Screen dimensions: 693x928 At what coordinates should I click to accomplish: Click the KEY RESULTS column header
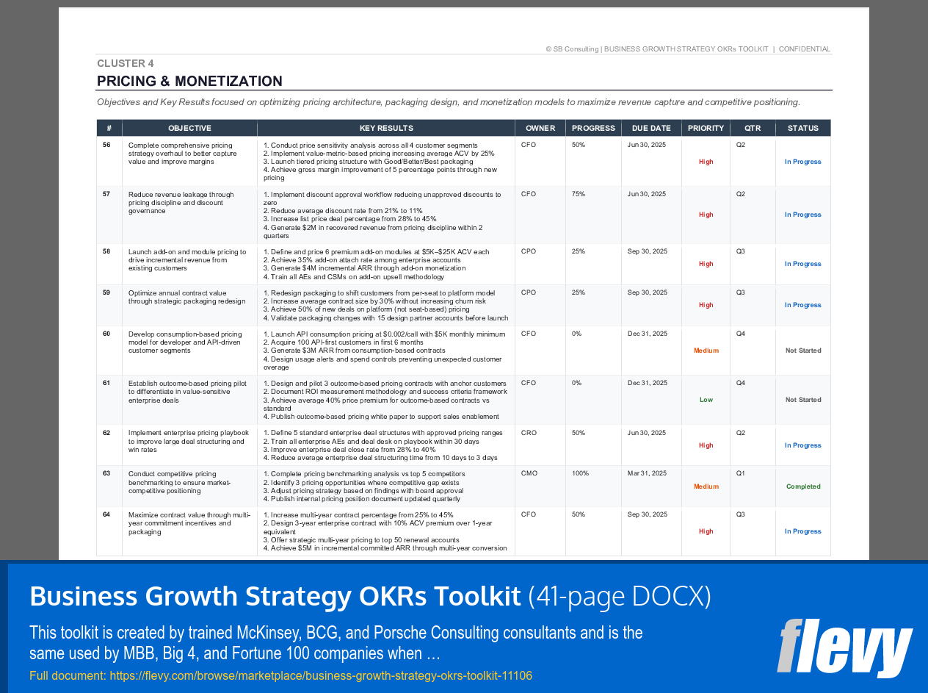[x=386, y=128]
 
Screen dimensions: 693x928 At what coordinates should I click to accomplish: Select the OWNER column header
[x=540, y=128]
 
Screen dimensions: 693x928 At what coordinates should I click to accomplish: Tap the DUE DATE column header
[x=651, y=128]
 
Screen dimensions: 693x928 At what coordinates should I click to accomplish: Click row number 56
[x=106, y=145]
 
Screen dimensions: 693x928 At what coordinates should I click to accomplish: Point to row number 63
[x=106, y=473]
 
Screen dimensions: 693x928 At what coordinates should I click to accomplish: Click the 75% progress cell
[x=579, y=194]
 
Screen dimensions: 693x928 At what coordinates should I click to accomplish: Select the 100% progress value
[x=581, y=473]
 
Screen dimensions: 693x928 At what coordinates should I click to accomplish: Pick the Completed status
[x=803, y=486]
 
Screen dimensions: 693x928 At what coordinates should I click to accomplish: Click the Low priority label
[x=706, y=400]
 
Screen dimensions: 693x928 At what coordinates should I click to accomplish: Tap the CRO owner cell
[x=529, y=433]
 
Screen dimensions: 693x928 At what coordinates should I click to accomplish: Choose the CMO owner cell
[x=529, y=473]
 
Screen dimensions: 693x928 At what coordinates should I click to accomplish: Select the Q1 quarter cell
[x=741, y=473]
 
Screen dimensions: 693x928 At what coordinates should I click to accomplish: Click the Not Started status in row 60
[x=803, y=351]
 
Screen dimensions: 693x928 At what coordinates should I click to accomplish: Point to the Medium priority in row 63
[x=706, y=486]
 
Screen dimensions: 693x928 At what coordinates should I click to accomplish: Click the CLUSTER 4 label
[x=126, y=63]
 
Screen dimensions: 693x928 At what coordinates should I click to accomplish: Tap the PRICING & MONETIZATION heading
[x=189, y=81]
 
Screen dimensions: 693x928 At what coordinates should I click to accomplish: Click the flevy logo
[x=844, y=647]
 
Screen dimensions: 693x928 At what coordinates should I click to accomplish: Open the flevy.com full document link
[x=321, y=675]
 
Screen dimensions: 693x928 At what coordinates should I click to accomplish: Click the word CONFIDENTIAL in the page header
[x=805, y=49]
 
